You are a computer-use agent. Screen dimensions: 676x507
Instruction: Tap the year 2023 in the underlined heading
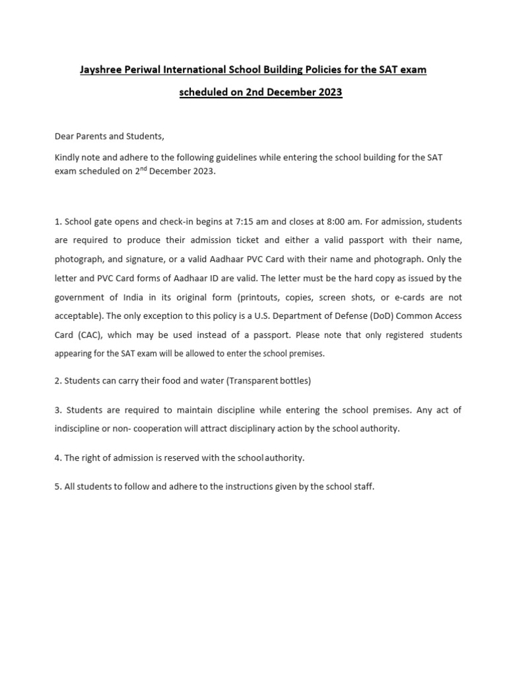pyautogui.click(x=328, y=92)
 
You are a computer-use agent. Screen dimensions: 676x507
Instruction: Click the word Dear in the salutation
pyautogui.click(x=65, y=136)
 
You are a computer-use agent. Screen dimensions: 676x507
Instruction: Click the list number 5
pyautogui.click(x=57, y=487)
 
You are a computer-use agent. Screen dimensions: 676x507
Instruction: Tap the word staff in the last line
pyautogui.click(x=362, y=487)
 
